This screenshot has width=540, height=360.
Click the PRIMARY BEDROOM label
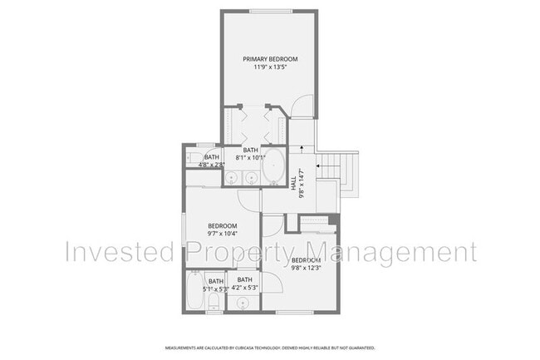tap(270, 58)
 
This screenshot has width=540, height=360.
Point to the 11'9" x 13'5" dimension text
tap(270, 67)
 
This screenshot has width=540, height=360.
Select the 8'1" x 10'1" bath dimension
tap(251, 157)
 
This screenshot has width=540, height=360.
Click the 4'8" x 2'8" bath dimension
tap(212, 165)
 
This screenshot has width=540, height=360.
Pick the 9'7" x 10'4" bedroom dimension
tap(222, 234)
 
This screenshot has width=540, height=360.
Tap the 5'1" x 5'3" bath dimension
tap(215, 288)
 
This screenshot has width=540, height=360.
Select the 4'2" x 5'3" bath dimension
tap(245, 288)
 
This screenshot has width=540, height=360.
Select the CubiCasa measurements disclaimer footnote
tap(270, 348)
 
